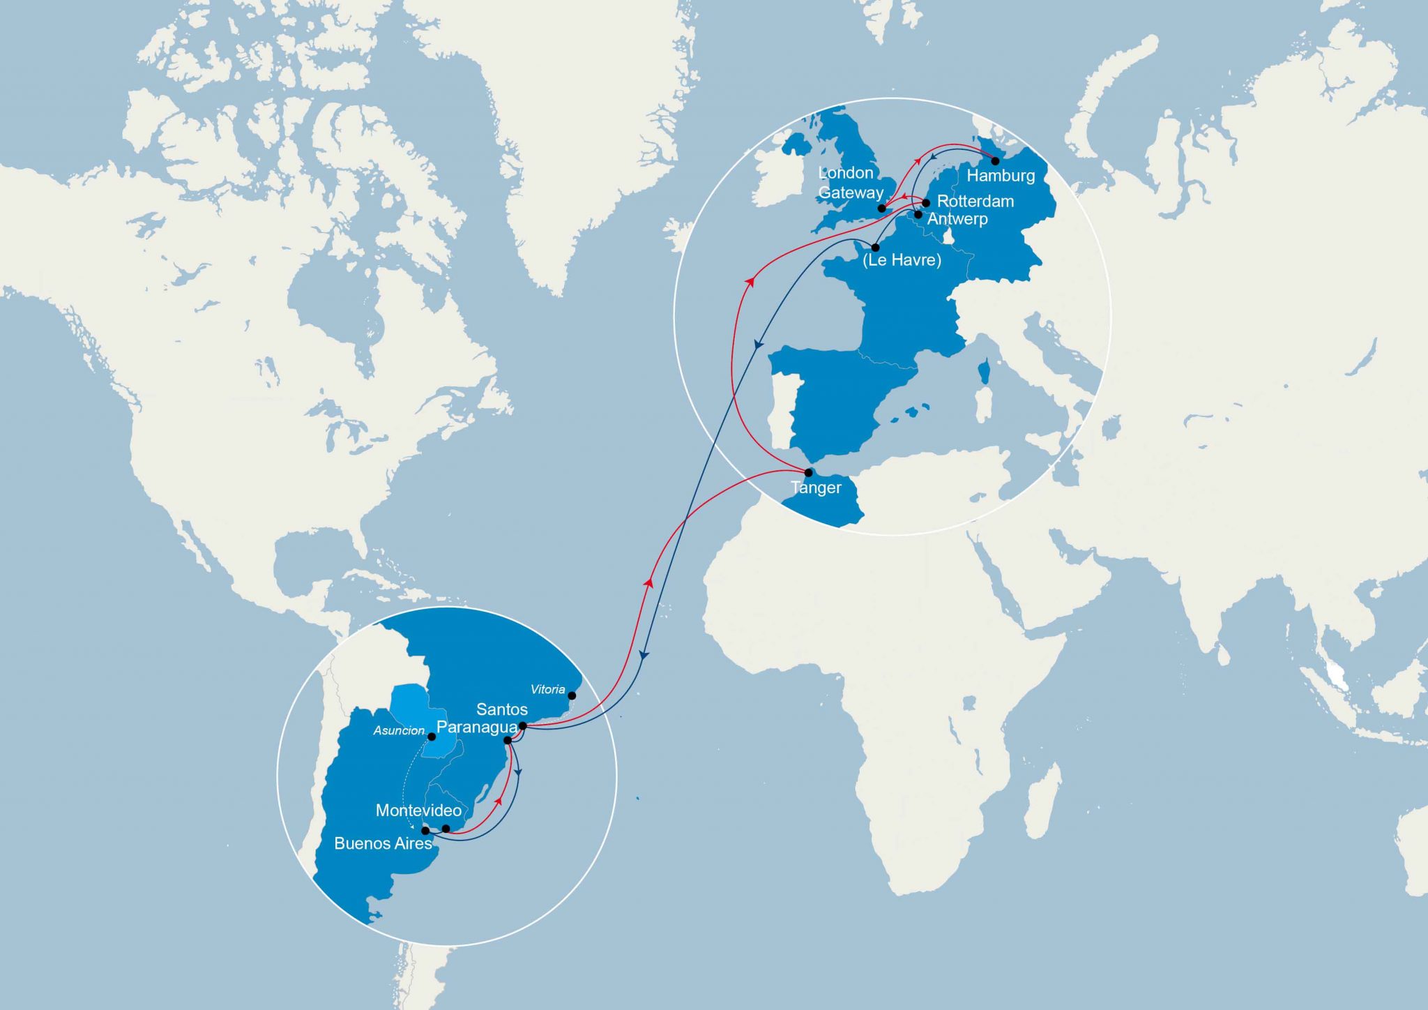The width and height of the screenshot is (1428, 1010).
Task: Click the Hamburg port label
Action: point(1001,176)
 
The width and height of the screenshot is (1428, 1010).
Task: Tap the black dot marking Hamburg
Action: point(995,161)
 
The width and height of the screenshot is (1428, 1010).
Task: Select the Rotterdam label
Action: point(975,202)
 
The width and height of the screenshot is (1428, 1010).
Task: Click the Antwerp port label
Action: point(957,219)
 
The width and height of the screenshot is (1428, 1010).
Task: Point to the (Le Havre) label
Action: point(902,260)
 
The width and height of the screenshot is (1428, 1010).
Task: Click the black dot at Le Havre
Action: point(875,247)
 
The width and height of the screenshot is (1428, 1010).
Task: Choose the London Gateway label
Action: point(850,183)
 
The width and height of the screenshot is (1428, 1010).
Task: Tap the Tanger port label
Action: point(816,488)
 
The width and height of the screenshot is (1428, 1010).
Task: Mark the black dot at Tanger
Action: point(808,472)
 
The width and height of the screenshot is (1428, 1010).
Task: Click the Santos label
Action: point(501,709)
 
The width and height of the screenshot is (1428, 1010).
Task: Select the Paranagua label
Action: point(477,728)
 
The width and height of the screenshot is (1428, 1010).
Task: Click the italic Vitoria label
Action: point(547,690)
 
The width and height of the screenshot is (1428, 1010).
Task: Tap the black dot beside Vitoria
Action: point(572,695)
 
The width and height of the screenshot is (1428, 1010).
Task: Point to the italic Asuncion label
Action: point(398,731)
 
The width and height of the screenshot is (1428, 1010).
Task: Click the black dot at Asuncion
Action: point(432,737)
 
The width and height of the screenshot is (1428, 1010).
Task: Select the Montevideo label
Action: point(418,811)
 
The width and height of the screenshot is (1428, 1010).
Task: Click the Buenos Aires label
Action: point(383,844)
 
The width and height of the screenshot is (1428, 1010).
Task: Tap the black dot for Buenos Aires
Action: point(425,831)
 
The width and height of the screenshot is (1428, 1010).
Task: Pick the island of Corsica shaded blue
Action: point(985,371)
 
